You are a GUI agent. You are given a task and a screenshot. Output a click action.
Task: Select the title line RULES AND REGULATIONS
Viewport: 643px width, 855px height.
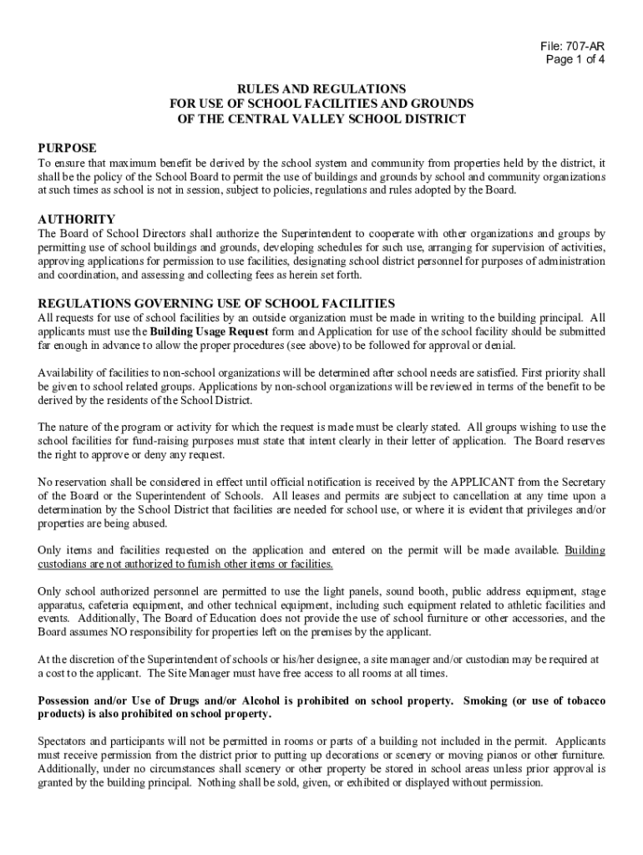(321, 89)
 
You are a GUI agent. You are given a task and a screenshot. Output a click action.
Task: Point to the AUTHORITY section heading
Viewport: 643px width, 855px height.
(77, 220)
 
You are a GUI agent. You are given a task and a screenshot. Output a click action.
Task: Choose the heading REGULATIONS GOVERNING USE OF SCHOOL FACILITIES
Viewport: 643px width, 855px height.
(216, 303)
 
